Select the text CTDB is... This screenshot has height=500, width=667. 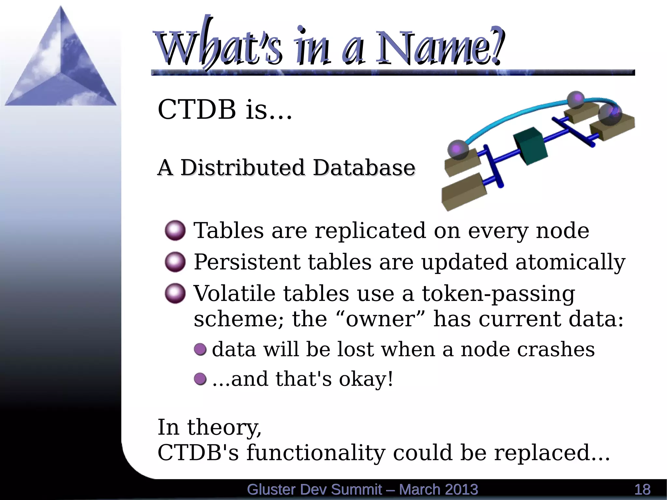(x=225, y=109)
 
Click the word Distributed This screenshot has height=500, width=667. (x=242, y=168)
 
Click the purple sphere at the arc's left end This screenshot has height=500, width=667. (x=458, y=150)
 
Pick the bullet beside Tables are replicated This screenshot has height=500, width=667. (x=175, y=231)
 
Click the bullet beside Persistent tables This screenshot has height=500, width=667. (x=175, y=262)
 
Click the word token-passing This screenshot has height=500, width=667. (x=498, y=294)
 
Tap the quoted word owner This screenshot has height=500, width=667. (x=380, y=319)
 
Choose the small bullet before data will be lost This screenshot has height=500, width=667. (x=200, y=350)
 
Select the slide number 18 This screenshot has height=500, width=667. (x=642, y=490)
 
